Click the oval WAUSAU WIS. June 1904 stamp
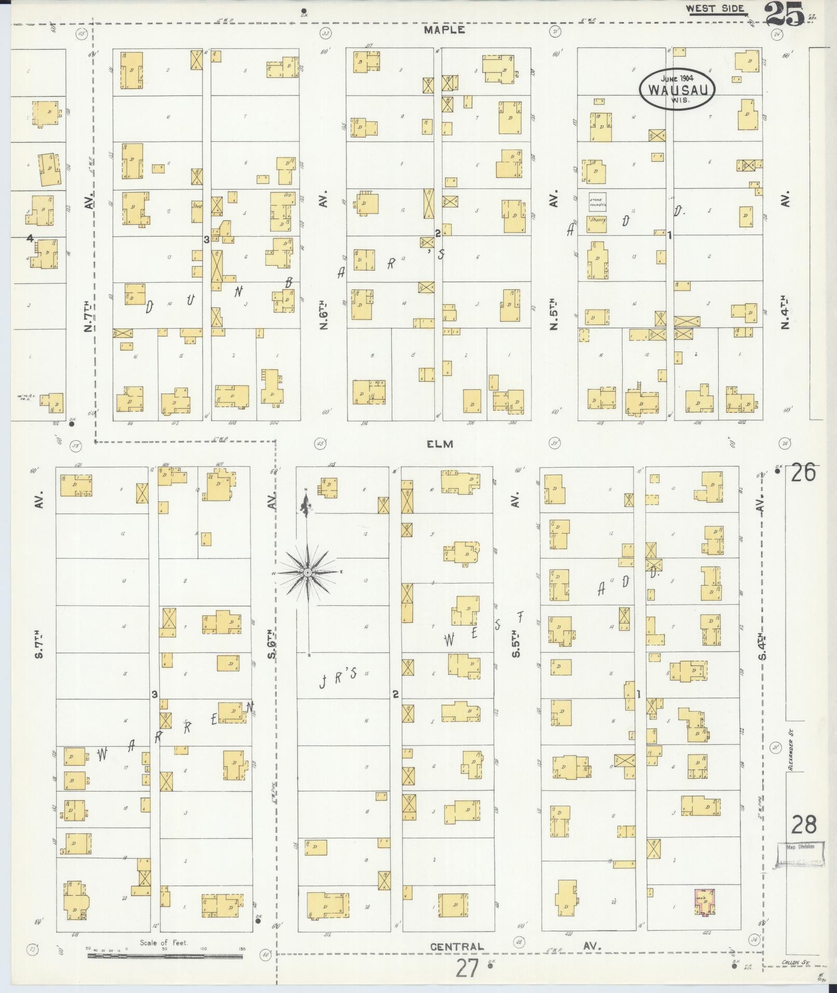point(677,89)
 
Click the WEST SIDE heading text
point(715,8)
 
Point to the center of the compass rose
point(307,572)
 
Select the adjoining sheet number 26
point(803,473)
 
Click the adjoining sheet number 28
point(803,824)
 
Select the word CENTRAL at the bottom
point(457,946)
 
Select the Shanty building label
point(597,220)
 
